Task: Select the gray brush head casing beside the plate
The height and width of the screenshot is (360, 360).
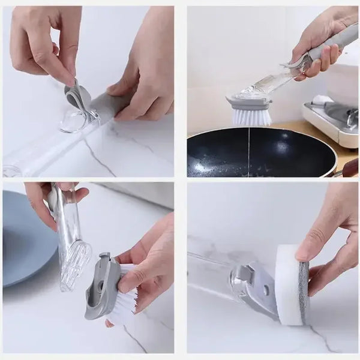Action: coord(99,285)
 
